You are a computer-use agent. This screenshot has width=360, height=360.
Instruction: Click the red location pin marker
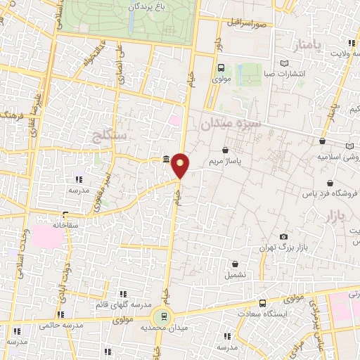pos(181,165)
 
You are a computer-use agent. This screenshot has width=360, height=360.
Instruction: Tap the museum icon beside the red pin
pos(165,159)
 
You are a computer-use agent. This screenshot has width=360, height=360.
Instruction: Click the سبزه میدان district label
pos(231,124)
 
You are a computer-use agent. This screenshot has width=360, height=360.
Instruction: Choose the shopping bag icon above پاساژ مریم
pos(225,150)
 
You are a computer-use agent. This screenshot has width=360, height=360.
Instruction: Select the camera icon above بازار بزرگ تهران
pos(283,237)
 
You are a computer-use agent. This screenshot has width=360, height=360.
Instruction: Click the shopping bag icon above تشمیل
pos(235,264)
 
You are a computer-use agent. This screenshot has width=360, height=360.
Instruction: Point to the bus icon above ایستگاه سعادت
pos(262,303)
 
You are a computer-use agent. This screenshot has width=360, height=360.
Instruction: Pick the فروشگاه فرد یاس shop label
pos(329,193)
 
